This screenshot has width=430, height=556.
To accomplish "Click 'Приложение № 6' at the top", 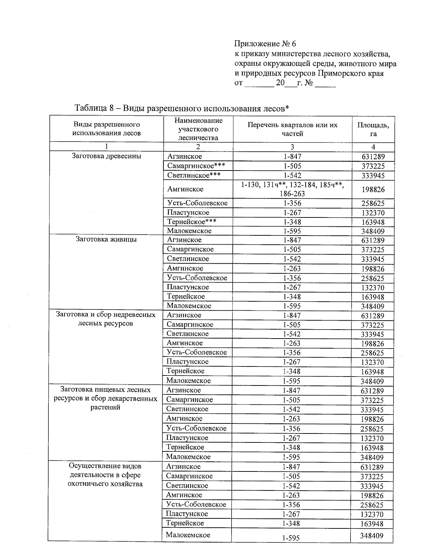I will [265, 44].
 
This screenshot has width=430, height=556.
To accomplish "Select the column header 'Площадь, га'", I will [373, 129].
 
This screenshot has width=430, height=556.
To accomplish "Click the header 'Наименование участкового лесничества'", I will [198, 129].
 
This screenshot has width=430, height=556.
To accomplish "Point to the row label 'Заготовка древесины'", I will [106, 156].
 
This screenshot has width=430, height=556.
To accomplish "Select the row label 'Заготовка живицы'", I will [106, 239].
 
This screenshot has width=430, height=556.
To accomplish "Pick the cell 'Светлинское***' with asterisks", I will [193, 175].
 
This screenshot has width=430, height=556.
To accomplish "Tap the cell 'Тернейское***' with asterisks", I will [191, 222].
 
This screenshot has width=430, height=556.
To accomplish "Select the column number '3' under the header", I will [292, 147].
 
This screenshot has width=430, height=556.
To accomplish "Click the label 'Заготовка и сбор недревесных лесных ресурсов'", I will [106, 319].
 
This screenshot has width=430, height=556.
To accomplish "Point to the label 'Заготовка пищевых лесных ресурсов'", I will [106, 394].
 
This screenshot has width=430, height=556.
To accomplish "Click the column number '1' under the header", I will [106, 147].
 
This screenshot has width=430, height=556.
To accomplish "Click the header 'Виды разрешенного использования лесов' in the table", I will [106, 129].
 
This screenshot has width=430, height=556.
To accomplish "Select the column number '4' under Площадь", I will [373, 147].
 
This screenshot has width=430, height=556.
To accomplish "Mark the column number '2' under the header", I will [198, 147].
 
